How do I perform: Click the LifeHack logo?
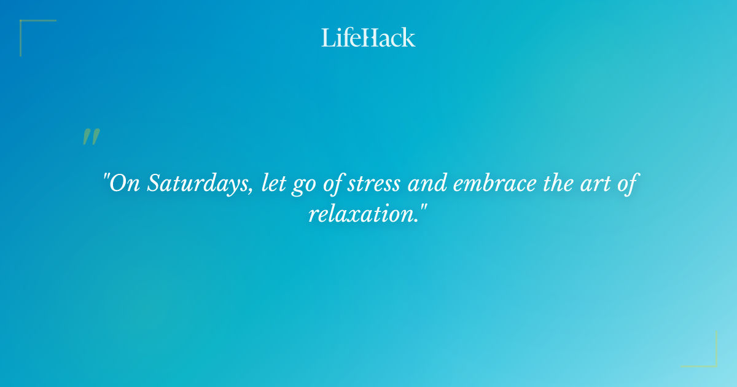pos(368,37)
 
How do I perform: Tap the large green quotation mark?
pos(91,137)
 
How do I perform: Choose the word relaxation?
pos(362,214)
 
